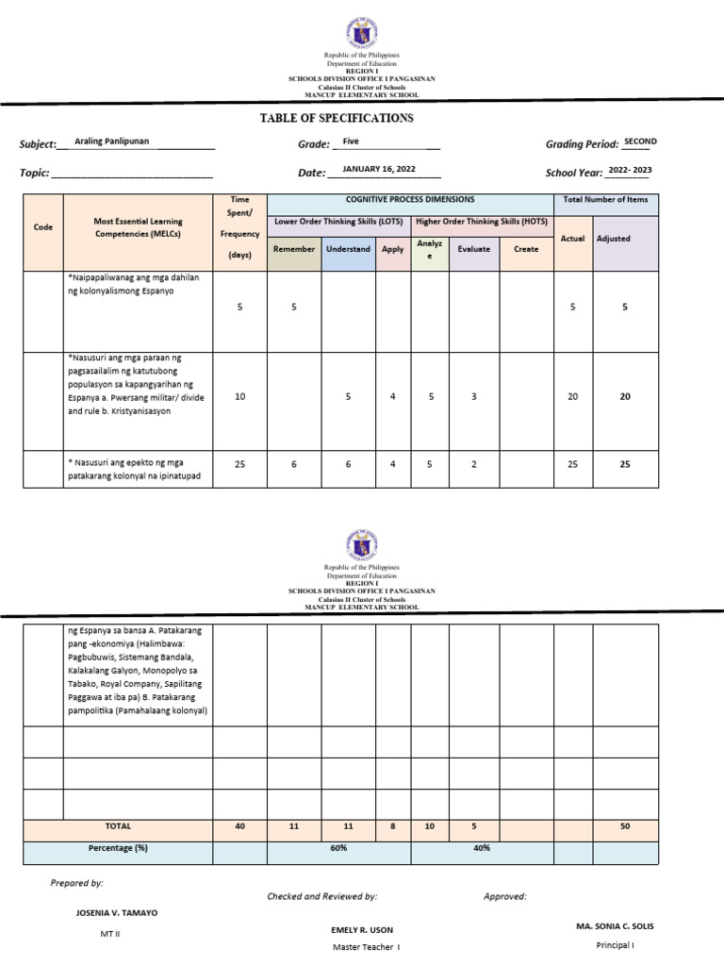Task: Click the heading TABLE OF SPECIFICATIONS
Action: [336, 119]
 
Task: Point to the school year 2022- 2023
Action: [630, 170]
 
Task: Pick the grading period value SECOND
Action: [640, 142]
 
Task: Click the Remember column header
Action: [294, 249]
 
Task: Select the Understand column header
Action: [348, 249]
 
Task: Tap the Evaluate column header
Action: [473, 249]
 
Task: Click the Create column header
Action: [526, 249]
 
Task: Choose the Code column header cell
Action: [42, 227]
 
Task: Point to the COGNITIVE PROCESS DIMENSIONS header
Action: [410, 200]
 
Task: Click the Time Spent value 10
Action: [239, 397]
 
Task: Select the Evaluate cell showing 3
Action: [473, 397]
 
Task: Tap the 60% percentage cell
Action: [338, 848]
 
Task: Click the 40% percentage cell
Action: [481, 848]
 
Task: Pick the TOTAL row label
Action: [119, 825]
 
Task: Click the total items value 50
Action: [624, 826]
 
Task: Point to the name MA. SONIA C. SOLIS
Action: [615, 926]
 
